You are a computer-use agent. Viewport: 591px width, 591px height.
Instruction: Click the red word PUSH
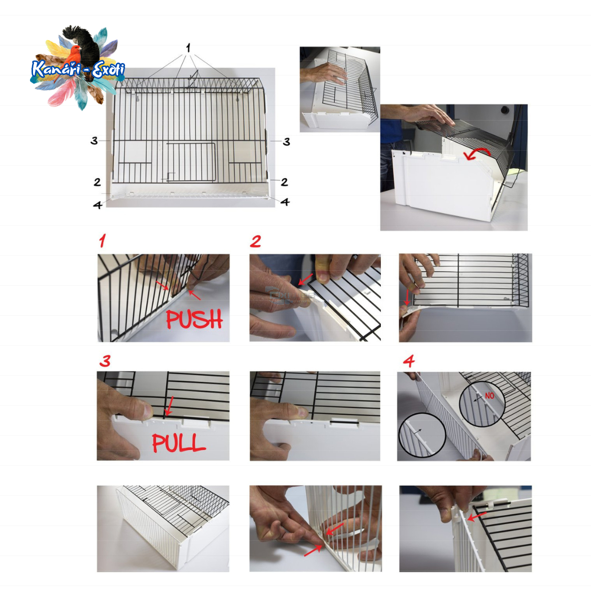pos(195,319)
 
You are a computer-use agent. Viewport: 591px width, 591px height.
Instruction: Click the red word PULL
pos(179,443)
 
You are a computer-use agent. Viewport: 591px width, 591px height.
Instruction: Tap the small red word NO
pos(489,395)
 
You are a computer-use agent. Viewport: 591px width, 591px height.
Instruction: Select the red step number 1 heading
pos(102,241)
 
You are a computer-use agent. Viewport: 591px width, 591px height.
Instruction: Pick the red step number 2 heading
pos(256,241)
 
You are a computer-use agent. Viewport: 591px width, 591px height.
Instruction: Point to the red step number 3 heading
pos(105,361)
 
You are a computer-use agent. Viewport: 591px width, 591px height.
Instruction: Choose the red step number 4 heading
pos(409,361)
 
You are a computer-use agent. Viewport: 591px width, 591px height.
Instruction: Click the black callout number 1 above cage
pos(188,48)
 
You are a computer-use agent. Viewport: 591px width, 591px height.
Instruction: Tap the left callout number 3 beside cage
pos(94,141)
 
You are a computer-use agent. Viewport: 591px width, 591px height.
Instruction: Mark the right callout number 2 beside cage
pos(285,182)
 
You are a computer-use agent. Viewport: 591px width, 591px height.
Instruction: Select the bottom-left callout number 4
pos(98,205)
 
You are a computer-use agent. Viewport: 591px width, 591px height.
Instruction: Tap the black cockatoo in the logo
pos(85,47)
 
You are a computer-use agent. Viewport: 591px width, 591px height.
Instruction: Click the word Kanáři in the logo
pos(56,69)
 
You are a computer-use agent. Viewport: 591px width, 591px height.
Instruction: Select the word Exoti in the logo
pos(109,70)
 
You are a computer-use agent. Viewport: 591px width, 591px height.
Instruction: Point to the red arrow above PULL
pos(170,406)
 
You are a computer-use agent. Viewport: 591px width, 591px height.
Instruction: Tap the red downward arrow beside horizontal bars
pos(407,297)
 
